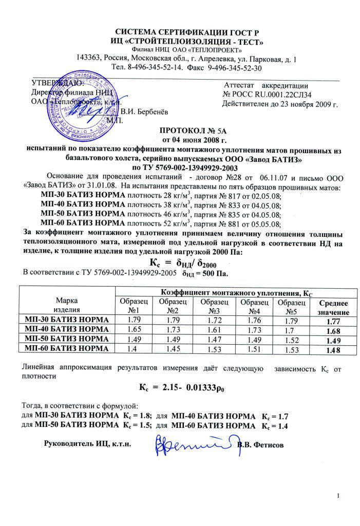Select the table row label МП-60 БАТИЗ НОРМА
pyautogui.click(x=67, y=349)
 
